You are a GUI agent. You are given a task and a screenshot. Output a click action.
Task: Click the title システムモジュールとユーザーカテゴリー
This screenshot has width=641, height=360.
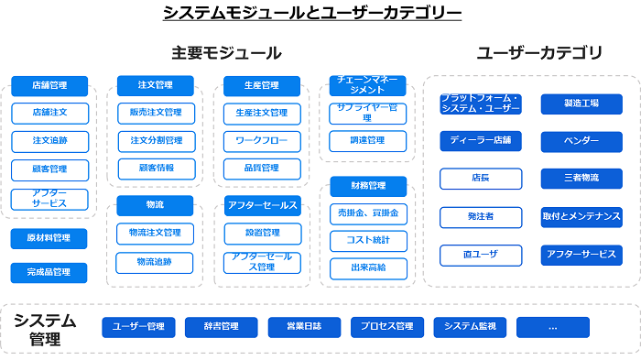312,14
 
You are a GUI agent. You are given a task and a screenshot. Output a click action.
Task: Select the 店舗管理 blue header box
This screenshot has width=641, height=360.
49,85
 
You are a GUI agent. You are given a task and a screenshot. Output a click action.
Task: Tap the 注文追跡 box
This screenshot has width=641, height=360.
49,141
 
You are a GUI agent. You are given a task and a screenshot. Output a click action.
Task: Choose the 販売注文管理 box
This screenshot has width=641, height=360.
156,113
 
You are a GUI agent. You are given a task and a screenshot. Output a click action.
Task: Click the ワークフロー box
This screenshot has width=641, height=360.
262,141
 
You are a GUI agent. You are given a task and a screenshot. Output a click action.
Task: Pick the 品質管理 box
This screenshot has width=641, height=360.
262,169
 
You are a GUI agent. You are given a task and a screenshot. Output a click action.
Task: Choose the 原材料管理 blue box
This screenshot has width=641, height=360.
49,239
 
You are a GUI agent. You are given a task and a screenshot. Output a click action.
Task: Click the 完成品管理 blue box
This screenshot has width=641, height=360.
49,272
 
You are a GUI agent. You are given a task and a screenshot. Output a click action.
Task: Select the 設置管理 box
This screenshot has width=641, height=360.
262,233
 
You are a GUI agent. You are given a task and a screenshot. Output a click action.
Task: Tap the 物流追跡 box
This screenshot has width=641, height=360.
156,262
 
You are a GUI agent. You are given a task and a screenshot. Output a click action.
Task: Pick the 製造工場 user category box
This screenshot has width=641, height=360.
581,104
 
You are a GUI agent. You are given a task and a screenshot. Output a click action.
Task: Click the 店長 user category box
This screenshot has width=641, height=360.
480,179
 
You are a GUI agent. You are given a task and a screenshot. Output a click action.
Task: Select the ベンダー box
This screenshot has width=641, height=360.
581,141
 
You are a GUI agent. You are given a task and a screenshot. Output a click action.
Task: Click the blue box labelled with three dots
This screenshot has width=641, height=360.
552,326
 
